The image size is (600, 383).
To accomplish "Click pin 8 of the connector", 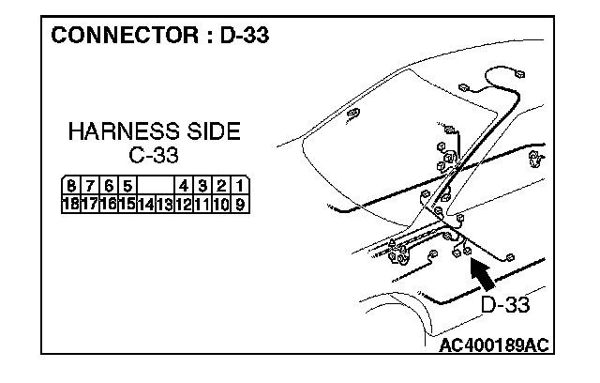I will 71,186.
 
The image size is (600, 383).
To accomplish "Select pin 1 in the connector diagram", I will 240,186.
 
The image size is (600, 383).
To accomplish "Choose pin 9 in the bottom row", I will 240,202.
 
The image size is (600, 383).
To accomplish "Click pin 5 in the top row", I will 127,186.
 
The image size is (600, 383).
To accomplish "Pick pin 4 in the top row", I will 185,186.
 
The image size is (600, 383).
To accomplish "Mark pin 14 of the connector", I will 145,202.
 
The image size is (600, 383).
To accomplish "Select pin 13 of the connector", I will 164,202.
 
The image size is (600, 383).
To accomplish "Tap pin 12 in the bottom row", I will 184,202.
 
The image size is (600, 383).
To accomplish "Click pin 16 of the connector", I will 108,202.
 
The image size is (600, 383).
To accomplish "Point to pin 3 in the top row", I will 203,186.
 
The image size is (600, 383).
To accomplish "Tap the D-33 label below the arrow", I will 504,305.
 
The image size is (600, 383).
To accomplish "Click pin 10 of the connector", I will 222,202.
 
